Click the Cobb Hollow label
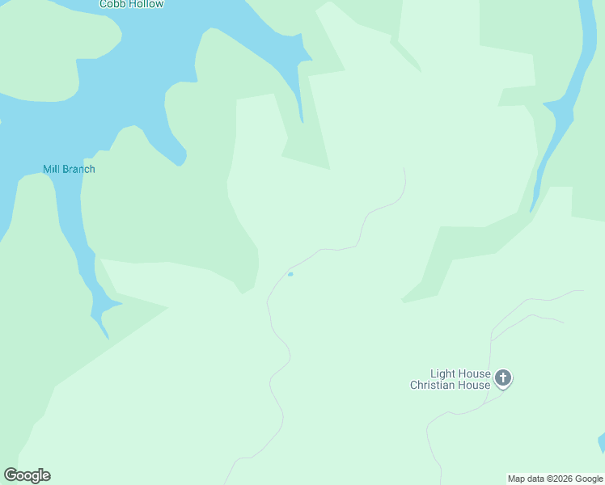coord(131,4)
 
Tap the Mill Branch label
coord(69,169)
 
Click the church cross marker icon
coord(503,377)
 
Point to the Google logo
coord(27,475)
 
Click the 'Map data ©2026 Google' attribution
coord(555,479)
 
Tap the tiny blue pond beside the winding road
coord(290,274)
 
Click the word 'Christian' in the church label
coord(438,385)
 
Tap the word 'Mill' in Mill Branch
coord(52,169)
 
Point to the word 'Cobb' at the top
coord(112,4)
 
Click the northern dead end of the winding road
coord(404,169)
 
